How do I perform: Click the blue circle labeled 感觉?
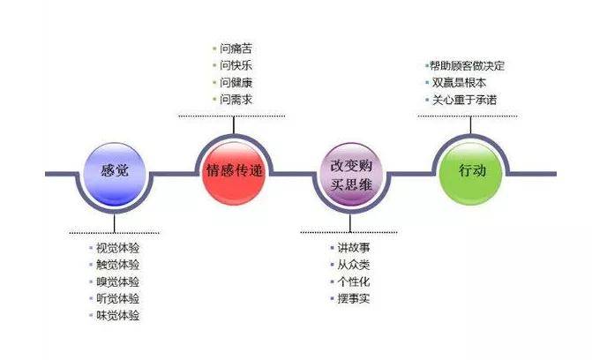click(115, 174)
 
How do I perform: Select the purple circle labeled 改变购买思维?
click(351, 174)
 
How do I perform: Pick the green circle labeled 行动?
click(471, 174)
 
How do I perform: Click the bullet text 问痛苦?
click(236, 49)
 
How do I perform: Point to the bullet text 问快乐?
click(236, 65)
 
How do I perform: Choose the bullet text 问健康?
click(236, 82)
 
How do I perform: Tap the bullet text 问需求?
click(236, 100)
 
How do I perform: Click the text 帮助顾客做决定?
click(468, 65)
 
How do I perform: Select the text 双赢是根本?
click(459, 83)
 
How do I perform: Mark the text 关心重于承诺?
click(464, 100)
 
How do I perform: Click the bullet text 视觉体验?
click(118, 248)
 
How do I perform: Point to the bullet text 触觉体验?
click(118, 265)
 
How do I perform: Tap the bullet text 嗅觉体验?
click(118, 281)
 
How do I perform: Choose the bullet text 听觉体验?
click(118, 298)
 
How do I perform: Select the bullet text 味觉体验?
click(118, 315)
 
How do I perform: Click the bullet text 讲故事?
click(354, 248)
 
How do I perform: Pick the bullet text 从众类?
click(354, 265)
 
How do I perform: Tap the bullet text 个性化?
click(354, 281)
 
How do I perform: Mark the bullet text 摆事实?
click(354, 298)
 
